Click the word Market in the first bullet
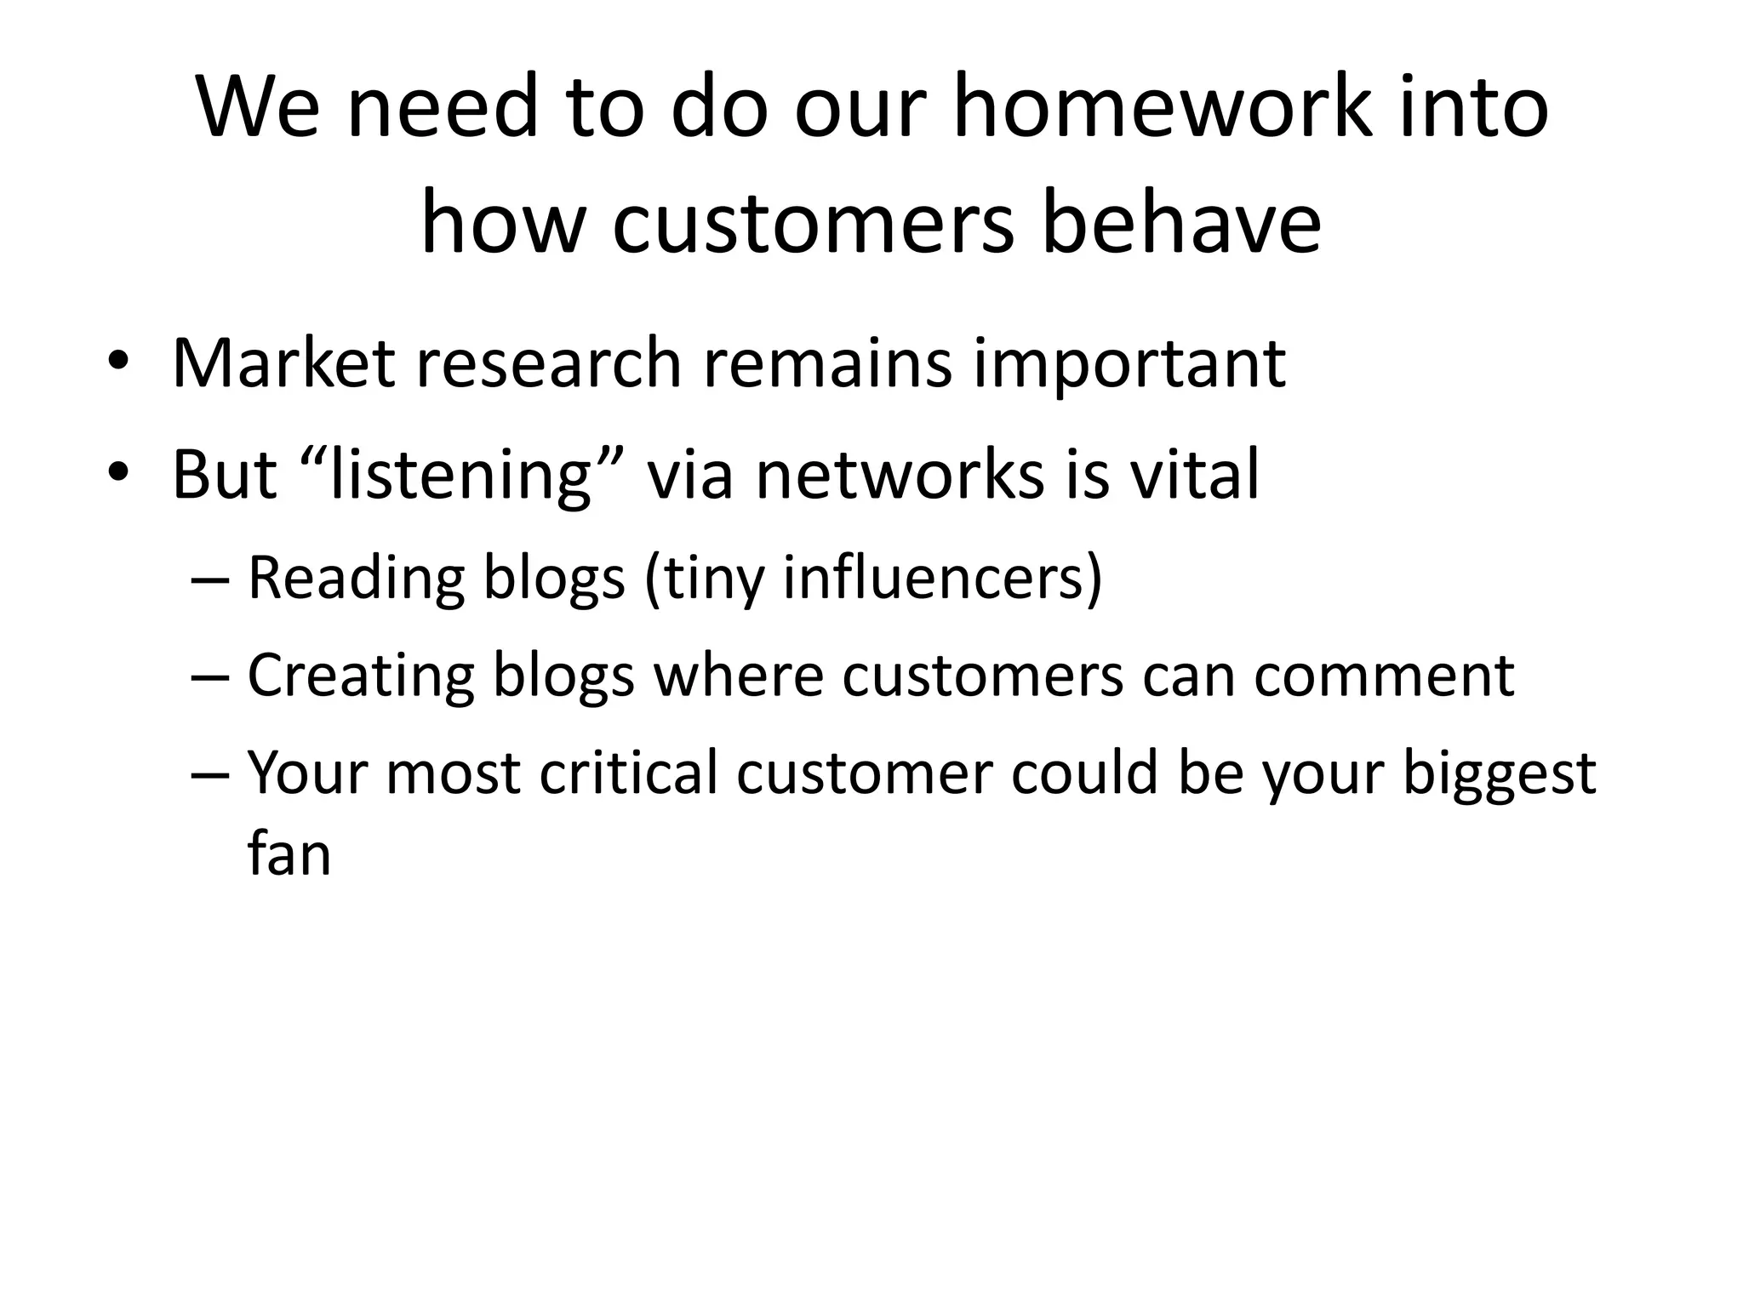283,364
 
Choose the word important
1129,364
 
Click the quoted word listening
460,475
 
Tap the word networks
900,475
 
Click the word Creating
360,676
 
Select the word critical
629,773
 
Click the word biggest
1499,773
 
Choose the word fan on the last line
289,853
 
